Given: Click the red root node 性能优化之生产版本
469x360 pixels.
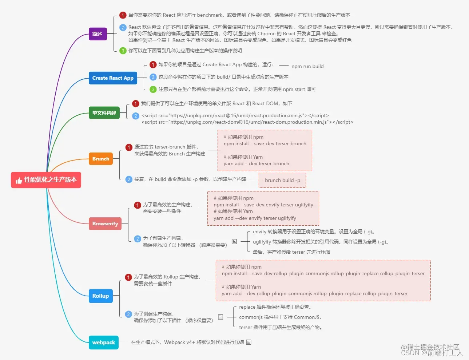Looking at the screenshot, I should (x=46, y=180).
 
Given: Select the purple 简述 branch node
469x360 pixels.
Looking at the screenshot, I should (x=98, y=34).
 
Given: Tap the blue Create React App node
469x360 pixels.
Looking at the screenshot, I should (x=113, y=78).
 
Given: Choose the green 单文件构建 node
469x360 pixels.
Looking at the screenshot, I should (x=104, y=113).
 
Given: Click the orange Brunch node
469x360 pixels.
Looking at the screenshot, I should (x=101, y=159).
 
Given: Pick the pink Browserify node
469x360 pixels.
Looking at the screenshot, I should (x=105, y=223).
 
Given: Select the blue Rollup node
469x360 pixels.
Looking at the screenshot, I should (x=100, y=296).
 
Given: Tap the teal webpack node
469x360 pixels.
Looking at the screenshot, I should (x=104, y=343).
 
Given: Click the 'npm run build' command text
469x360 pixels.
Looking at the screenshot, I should (x=307, y=66).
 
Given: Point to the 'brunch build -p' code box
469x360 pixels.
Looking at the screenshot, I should (x=282, y=180).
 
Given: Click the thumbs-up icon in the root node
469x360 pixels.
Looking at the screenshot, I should (x=19, y=181).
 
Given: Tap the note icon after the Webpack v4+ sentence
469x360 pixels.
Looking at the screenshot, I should (x=249, y=342).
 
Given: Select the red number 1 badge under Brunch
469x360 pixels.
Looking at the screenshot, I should (x=129, y=147).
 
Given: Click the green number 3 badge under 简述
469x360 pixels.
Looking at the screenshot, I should (x=123, y=51).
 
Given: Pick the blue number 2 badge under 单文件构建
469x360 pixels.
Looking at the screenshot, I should (x=136, y=116).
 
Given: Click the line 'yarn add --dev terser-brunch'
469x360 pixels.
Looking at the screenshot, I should (x=256, y=164).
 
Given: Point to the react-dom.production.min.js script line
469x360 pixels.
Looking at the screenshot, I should (x=247, y=122).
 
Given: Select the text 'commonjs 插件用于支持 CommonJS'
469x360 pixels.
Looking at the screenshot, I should (x=280, y=317).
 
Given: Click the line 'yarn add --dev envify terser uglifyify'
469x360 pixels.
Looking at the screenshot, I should (x=255, y=218).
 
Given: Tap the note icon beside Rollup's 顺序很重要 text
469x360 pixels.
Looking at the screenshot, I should (x=220, y=317).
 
